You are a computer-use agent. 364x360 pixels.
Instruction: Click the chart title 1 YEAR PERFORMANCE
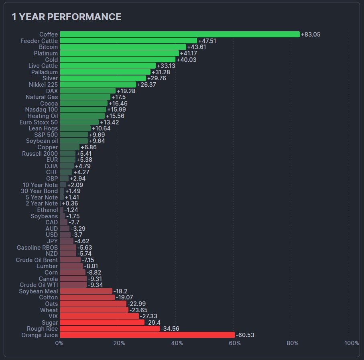[66, 17]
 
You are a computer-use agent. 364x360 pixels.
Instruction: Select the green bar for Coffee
[179, 35]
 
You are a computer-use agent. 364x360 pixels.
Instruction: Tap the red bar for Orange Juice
[147, 335]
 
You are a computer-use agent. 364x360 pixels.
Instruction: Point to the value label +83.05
[311, 35]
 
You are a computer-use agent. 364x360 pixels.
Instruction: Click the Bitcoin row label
[48, 47]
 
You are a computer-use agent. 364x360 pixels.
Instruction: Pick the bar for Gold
[117, 60]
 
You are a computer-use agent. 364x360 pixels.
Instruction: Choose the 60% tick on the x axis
[235, 343]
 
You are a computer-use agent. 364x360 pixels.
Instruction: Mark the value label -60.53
[245, 335]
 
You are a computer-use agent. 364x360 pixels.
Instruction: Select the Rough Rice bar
[110, 329]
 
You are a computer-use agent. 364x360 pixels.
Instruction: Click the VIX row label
[53, 316]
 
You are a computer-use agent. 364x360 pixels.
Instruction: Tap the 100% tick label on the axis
[352, 343]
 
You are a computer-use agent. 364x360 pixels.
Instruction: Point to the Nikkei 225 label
[43, 85]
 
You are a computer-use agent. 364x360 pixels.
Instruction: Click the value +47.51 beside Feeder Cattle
[207, 41]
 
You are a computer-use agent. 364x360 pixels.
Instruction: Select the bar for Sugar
[102, 323]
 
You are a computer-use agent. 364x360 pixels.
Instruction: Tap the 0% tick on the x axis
[59, 343]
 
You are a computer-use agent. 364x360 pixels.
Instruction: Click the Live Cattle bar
[108, 66]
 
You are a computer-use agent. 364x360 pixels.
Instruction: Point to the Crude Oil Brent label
[37, 260]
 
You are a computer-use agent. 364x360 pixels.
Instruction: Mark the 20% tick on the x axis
[118, 343]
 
